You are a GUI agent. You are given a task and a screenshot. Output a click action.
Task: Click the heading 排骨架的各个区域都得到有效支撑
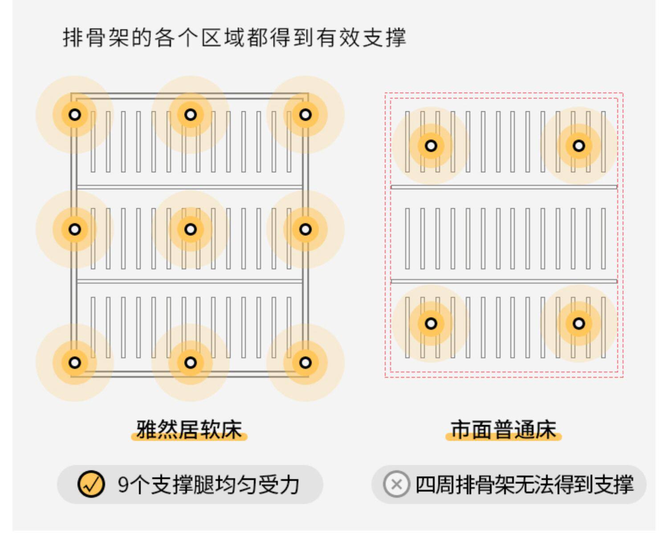point(234,37)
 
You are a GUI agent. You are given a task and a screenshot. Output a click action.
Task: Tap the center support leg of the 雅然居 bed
point(191,229)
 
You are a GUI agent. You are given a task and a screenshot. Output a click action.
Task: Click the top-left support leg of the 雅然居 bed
point(75,115)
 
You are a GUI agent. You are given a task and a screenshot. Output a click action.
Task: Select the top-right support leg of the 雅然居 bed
point(305,115)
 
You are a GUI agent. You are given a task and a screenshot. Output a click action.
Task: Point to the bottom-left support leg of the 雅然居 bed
point(75,362)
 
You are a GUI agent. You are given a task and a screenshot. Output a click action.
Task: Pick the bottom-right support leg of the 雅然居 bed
point(305,362)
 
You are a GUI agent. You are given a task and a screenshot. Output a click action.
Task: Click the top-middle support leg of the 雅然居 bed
point(191,115)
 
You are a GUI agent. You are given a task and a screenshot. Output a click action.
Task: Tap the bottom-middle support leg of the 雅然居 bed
point(191,362)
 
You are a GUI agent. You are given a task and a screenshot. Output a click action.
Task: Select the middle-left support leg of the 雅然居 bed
point(75,229)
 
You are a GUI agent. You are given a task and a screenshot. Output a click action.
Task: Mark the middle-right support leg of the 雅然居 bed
point(305,229)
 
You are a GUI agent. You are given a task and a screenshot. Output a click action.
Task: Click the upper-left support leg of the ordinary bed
point(431,146)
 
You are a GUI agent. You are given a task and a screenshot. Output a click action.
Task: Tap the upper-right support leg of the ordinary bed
point(578,146)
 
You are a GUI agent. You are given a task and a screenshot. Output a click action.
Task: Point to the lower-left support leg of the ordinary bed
point(431,324)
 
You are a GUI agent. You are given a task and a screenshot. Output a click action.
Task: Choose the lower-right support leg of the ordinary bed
point(578,324)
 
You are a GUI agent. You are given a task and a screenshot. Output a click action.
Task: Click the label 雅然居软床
point(189,430)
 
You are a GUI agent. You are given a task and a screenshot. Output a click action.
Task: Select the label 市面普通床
point(504,430)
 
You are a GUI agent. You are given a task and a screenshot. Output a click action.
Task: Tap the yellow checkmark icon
point(91,484)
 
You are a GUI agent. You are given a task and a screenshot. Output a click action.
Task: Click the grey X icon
point(396,484)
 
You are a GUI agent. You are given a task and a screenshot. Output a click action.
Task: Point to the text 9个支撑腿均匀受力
point(208,485)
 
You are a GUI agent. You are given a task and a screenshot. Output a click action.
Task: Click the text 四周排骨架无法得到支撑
point(524,485)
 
